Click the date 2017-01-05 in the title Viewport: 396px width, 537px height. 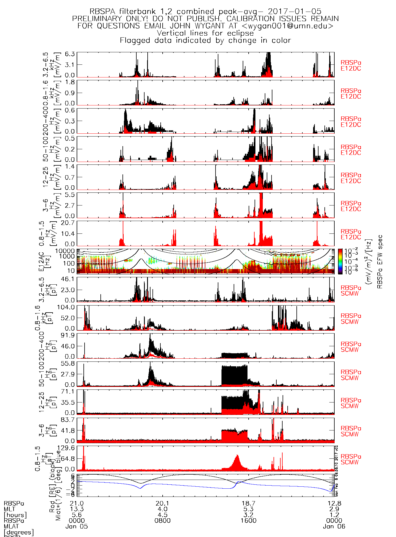[294, 12]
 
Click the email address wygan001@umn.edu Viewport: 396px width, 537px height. [288, 26]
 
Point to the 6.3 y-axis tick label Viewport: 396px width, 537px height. [70, 54]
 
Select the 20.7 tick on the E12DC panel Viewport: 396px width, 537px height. [68, 223]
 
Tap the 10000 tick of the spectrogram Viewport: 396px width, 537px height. [65, 251]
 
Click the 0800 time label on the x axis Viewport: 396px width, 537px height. [163, 521]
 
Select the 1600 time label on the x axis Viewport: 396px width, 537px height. [248, 521]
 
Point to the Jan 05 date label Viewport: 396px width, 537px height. [77, 527]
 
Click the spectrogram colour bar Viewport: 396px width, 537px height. [340, 261]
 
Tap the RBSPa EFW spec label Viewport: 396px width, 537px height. [380, 262]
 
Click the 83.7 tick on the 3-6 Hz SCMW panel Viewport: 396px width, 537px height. [68, 420]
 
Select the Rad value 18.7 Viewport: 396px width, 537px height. [248, 503]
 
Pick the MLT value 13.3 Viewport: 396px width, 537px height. [77, 509]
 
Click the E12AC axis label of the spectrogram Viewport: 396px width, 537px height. [42, 261]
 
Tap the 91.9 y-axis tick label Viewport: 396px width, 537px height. [68, 335]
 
